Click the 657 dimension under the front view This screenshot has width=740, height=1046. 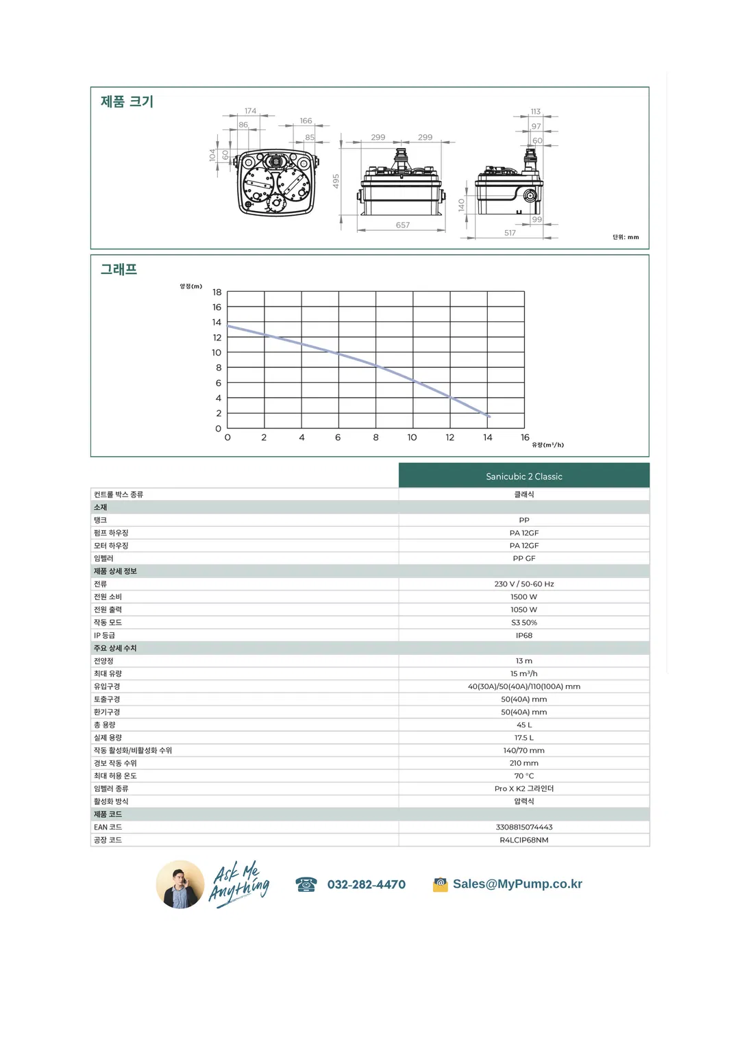coord(403,225)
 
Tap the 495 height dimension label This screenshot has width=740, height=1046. coord(336,182)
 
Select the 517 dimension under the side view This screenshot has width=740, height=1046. coord(510,234)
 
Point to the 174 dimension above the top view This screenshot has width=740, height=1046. coord(251,111)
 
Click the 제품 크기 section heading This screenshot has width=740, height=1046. coord(127,102)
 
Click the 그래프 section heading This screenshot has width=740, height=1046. coord(119,270)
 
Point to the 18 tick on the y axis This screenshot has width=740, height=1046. coord(217,292)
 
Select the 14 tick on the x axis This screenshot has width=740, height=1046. coord(487,438)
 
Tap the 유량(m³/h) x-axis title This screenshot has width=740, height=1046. coord(547,445)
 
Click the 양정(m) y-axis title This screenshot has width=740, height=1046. coord(191,286)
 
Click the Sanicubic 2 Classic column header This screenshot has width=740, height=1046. coord(523,476)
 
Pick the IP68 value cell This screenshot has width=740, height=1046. coord(523,636)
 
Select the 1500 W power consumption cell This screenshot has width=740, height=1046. coord(523,597)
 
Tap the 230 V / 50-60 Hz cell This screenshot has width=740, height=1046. coord(523,584)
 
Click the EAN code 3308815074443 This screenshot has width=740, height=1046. coord(523,827)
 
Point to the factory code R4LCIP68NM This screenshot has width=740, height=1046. coord(523,840)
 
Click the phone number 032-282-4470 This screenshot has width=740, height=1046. coord(366,885)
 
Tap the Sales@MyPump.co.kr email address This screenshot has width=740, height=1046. coord(517,884)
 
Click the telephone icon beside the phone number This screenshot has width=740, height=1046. coord(306,884)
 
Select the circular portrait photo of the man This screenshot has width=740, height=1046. coord(180,884)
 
